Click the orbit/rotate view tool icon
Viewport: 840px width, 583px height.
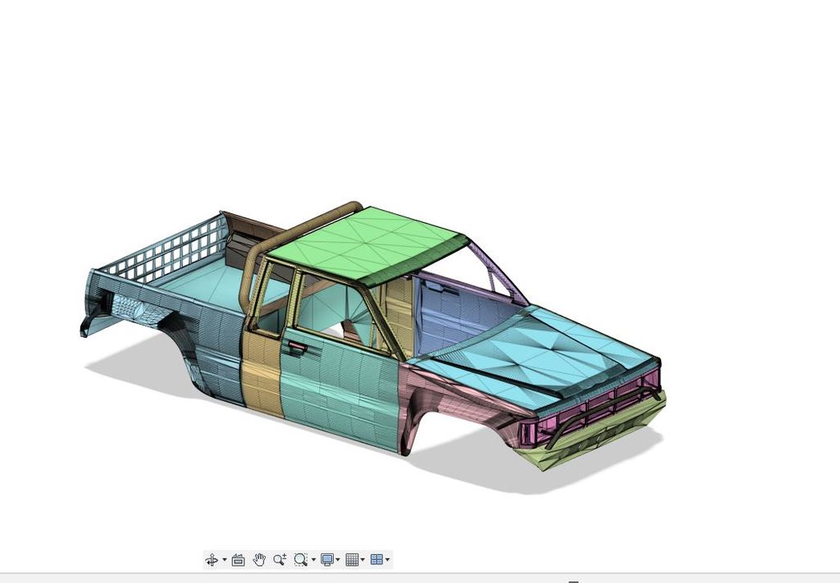click(x=211, y=560)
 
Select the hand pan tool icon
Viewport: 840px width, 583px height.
click(x=259, y=560)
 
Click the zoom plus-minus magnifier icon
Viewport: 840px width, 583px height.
click(x=280, y=560)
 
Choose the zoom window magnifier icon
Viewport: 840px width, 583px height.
click(x=300, y=560)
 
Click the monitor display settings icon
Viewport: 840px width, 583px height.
click(x=326, y=560)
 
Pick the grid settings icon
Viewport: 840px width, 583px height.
click(x=352, y=560)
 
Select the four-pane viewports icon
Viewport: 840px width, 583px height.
click(x=377, y=560)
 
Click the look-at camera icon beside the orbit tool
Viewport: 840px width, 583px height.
click(x=238, y=560)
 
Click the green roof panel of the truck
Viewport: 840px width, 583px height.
click(x=369, y=242)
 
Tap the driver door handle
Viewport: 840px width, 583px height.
click(x=296, y=348)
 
